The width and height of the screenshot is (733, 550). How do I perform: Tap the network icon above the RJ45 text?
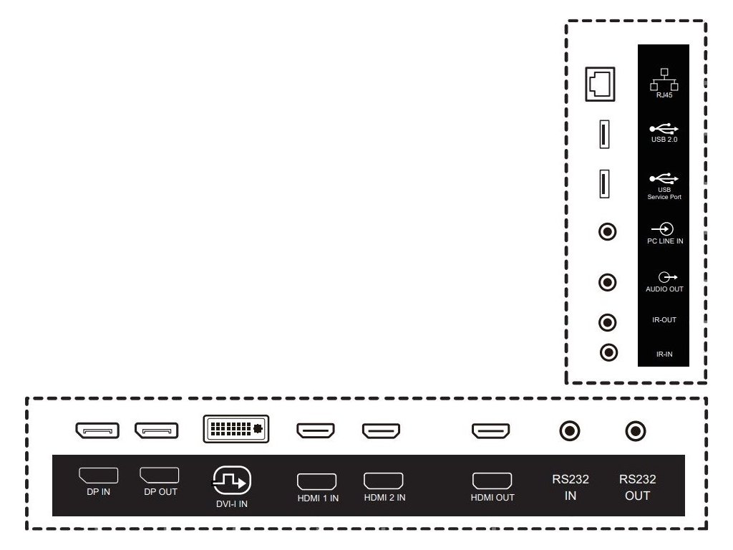pyautogui.click(x=664, y=79)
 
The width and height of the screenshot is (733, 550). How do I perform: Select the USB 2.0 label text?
pyautogui.click(x=664, y=140)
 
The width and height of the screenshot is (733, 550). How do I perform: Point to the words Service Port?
pyautogui.click(x=664, y=196)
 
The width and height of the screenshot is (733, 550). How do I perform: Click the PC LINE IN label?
pyautogui.click(x=664, y=241)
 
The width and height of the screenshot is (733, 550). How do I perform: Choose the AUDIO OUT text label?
pyautogui.click(x=664, y=289)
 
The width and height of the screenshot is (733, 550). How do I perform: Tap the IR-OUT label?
pyautogui.click(x=664, y=320)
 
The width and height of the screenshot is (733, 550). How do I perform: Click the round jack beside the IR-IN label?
pyautogui.click(x=608, y=352)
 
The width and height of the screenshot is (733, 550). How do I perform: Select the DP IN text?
pyautogui.click(x=98, y=493)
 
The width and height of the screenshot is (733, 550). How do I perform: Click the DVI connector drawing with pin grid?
pyautogui.click(x=237, y=429)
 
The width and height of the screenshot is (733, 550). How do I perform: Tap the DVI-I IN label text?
pyautogui.click(x=232, y=504)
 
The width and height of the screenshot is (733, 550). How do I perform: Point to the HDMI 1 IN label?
pyautogui.click(x=318, y=498)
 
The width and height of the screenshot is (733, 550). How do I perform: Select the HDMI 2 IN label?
pyautogui.click(x=384, y=497)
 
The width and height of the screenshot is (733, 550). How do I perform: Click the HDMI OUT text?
pyautogui.click(x=492, y=498)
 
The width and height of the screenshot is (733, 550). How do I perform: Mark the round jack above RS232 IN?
pyautogui.click(x=570, y=431)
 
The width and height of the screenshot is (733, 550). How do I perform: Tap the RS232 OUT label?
pyautogui.click(x=637, y=488)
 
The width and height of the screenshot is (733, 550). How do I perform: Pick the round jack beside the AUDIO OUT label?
pyautogui.click(x=608, y=282)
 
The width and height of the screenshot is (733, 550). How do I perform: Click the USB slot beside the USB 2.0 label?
pyautogui.click(x=604, y=135)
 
